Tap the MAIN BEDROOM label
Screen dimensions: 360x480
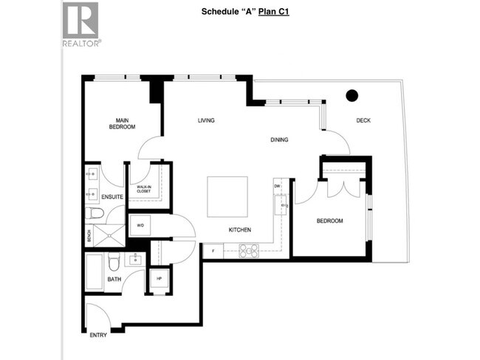point(123,123)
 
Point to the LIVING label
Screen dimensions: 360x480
point(205,120)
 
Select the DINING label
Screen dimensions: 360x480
point(278,139)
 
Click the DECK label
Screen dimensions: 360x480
point(363,120)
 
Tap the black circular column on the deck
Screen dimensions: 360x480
point(352,94)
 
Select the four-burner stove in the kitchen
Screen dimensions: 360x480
point(247,251)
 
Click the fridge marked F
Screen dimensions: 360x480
point(213,251)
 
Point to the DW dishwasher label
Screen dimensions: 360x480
point(278,187)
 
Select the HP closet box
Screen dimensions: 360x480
point(160,278)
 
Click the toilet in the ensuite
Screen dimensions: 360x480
point(95,215)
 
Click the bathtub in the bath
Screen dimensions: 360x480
point(95,271)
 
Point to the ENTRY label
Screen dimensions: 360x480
point(98,335)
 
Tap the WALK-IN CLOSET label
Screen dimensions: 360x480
point(144,189)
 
